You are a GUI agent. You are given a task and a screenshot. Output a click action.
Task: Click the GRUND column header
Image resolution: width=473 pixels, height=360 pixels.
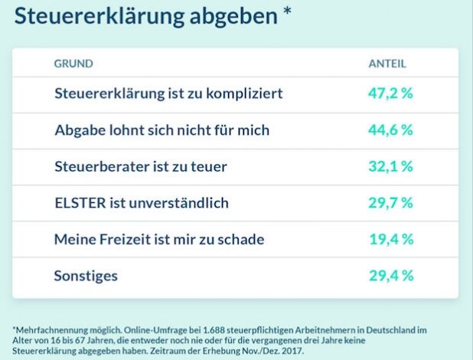tap(73, 64)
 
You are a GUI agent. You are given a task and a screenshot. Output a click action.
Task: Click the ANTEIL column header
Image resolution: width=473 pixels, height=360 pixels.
tap(387, 64)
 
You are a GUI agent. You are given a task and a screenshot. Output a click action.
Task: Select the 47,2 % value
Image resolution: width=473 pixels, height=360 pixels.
tap(390, 93)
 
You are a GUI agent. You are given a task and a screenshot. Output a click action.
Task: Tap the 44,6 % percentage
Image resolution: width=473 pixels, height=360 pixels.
tap(390, 130)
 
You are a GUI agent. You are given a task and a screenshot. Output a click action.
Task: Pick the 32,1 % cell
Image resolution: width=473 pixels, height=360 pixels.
tap(390, 166)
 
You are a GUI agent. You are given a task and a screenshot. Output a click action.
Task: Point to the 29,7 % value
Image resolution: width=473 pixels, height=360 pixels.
tap(390, 203)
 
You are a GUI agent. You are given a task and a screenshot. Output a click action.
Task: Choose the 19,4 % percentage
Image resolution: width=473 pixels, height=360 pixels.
tap(390, 240)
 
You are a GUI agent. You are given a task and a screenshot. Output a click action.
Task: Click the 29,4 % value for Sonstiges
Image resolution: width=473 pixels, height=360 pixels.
tap(390, 276)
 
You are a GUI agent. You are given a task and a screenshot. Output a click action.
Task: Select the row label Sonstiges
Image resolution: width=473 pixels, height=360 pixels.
tap(86, 276)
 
